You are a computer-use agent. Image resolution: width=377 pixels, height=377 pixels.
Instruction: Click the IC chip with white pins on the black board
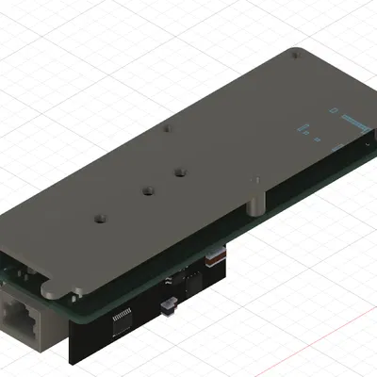click(123, 322)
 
